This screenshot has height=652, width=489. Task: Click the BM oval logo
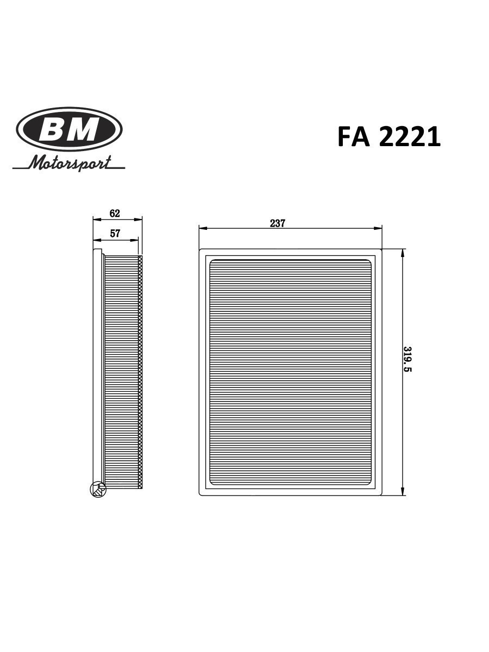[69, 129]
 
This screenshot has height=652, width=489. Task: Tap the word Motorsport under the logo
[70, 162]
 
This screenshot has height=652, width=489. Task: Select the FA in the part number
[354, 136]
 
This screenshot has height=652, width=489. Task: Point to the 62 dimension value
[115, 213]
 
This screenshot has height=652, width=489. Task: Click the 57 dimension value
[115, 234]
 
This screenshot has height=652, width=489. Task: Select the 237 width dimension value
[277, 223]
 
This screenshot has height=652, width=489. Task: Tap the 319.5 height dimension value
[408, 359]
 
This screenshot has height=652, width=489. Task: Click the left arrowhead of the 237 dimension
[203, 228]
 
